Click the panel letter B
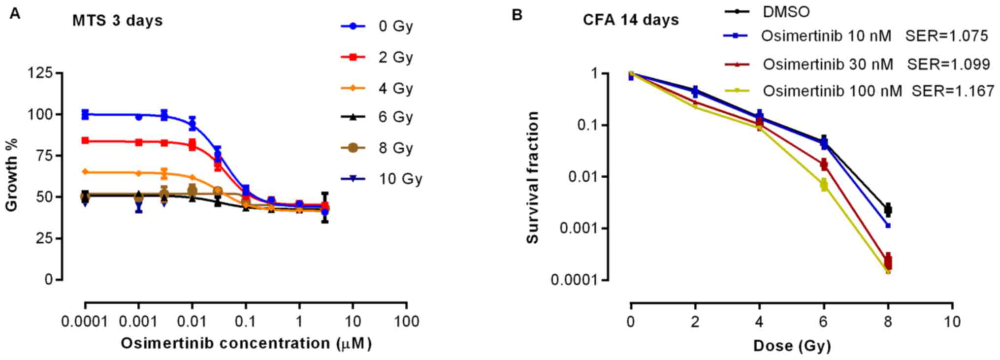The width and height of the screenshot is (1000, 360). pos(516,15)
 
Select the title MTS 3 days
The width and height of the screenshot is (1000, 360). pos(117,21)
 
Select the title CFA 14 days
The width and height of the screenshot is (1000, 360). pos(631,20)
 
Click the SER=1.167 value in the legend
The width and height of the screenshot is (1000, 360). pos(953,91)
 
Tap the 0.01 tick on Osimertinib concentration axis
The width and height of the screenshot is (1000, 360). pos(192,322)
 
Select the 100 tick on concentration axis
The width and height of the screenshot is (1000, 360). pos(406,322)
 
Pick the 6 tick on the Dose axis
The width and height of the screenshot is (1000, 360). pos(824,322)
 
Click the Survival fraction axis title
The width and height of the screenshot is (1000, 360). pos(532,177)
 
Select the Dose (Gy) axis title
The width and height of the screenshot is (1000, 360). pos(792,345)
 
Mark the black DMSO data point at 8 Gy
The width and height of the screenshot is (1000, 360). pos(888,209)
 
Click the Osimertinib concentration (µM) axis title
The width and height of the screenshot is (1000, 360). pos(246,343)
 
